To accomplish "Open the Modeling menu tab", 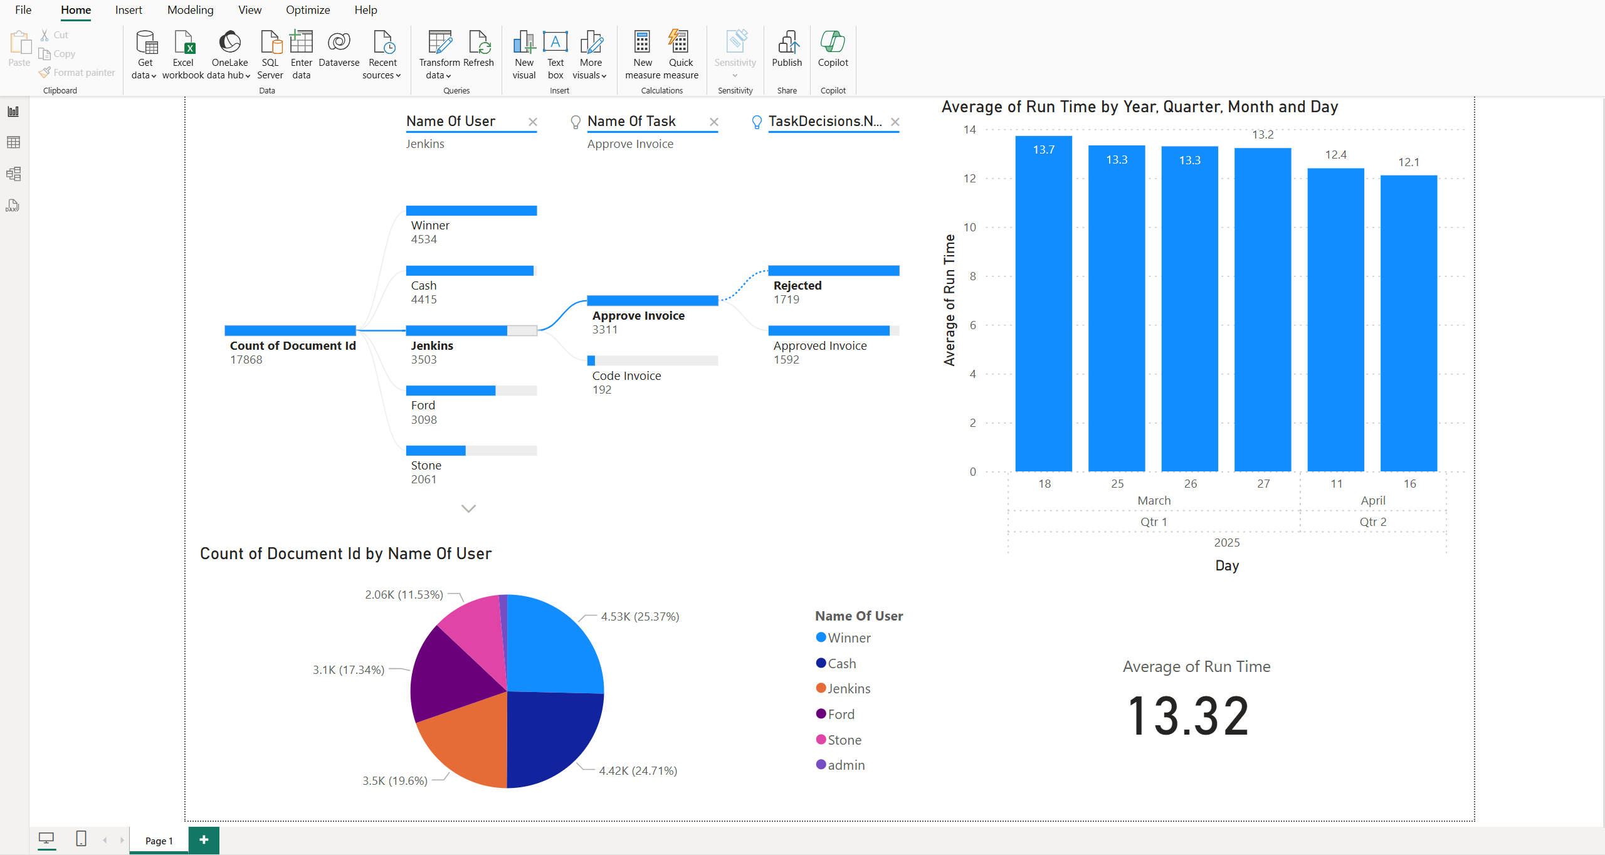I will [x=190, y=10].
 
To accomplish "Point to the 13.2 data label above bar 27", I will [x=1263, y=135].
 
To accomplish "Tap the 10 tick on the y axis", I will [x=970, y=228].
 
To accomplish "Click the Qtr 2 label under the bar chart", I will [x=1372, y=522].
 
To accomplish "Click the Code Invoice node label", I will [x=626, y=376].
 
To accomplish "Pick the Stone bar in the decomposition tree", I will [x=436, y=451].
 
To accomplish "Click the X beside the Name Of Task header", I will [x=714, y=122].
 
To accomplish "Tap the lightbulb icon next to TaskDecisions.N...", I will [x=757, y=122].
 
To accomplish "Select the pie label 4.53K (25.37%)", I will [x=639, y=617].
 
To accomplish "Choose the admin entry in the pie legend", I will [x=846, y=765].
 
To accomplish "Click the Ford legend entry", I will [x=841, y=715].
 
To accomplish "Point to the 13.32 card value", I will [x=1188, y=716].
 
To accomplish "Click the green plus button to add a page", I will [x=204, y=840].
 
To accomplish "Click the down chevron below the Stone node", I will [x=468, y=508].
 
